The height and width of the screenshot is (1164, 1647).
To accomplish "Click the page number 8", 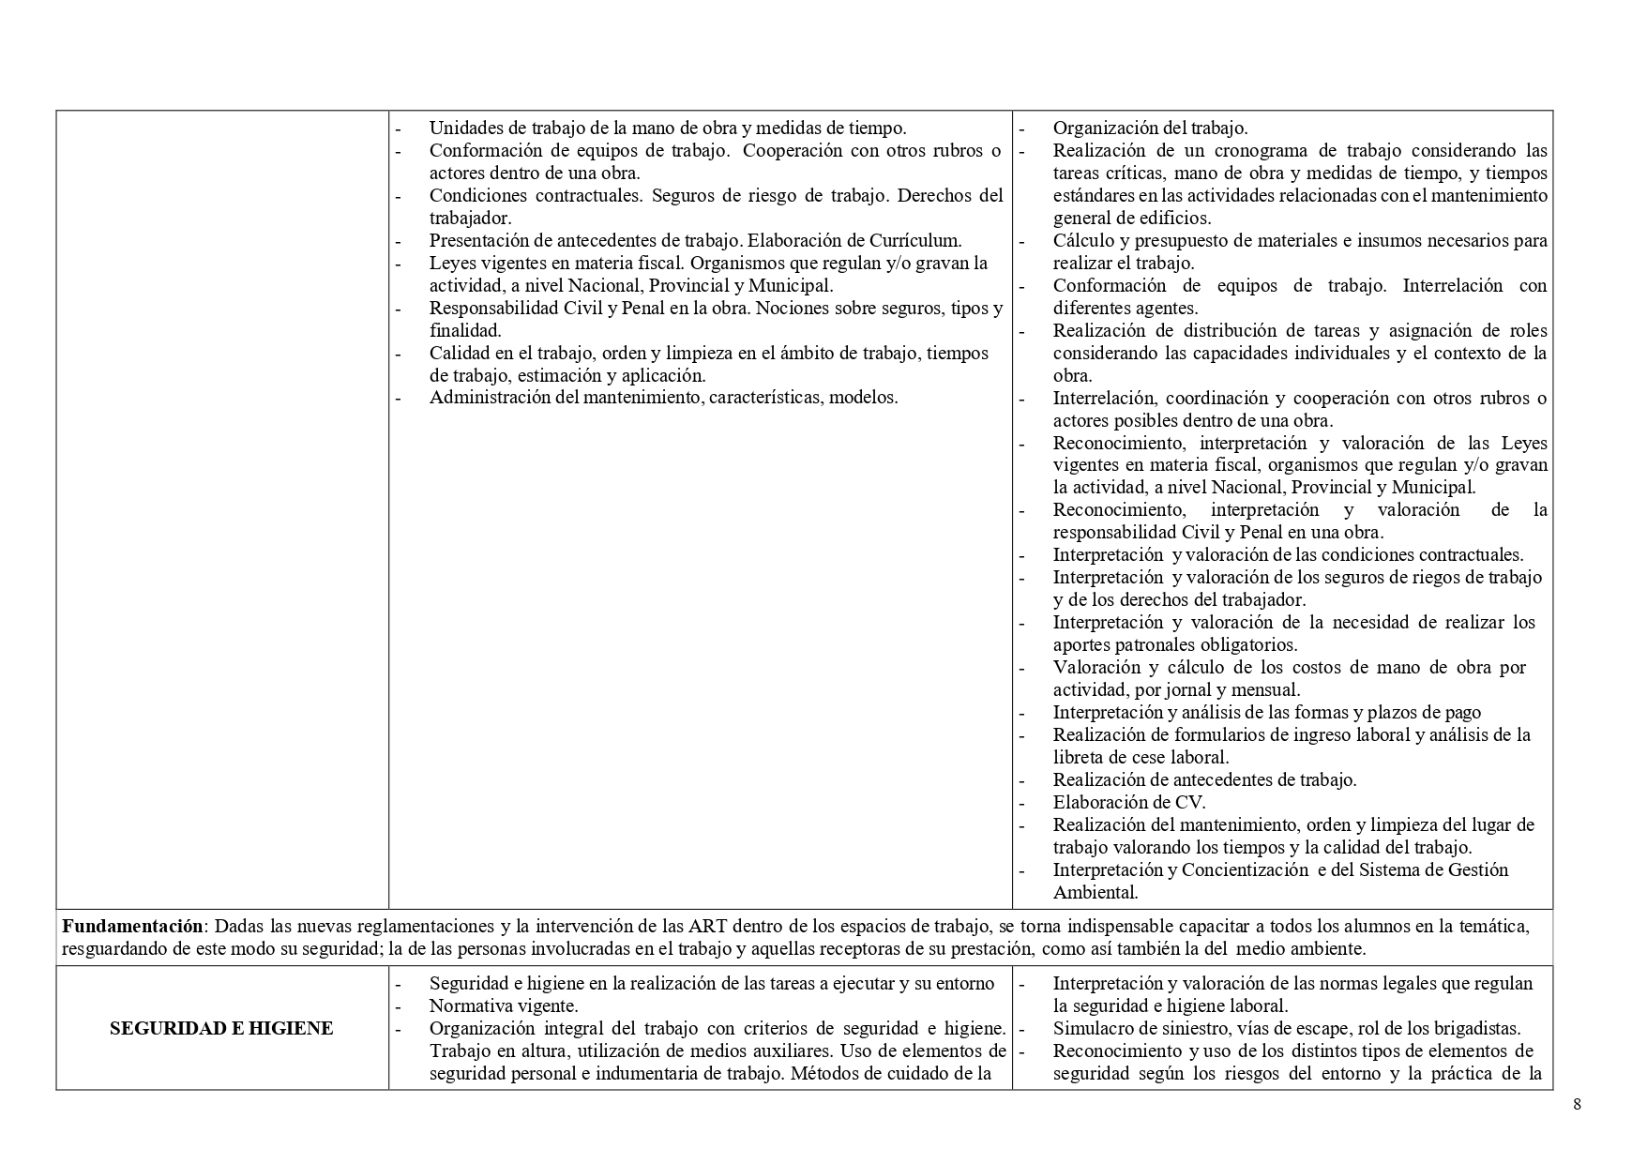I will pyautogui.click(x=1577, y=1104).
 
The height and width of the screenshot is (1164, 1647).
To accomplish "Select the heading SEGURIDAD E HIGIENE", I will pyautogui.click(x=221, y=1028).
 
